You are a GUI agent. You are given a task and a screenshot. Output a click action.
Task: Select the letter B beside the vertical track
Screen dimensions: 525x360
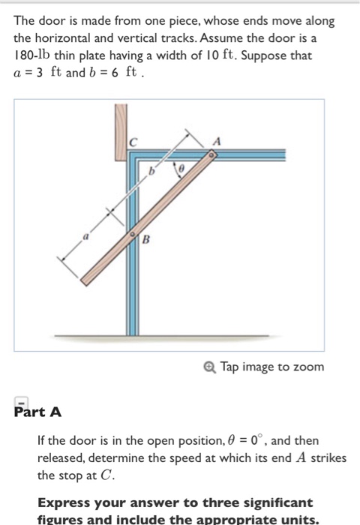(x=146, y=240)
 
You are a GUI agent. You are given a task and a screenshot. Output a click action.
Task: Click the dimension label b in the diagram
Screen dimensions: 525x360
(x=154, y=172)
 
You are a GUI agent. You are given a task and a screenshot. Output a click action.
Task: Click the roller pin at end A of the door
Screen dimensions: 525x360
(x=212, y=155)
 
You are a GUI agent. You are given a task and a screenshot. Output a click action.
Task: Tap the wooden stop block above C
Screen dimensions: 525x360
(x=121, y=132)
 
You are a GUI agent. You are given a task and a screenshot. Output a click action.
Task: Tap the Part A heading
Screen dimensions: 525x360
(x=37, y=412)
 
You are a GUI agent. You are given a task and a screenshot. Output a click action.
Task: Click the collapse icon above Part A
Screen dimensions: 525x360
(x=22, y=401)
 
